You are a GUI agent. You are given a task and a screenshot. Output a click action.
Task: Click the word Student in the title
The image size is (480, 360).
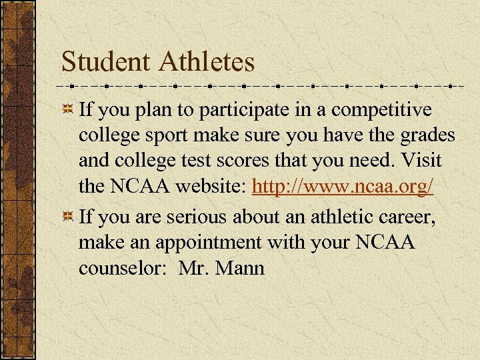pos(107,63)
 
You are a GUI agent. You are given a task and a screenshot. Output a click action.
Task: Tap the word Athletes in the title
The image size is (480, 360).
pos(207,63)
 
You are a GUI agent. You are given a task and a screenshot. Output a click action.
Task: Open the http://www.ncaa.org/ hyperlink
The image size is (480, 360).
pos(343,187)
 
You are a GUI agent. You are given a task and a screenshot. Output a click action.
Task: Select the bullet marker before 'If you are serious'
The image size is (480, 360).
pos(67,218)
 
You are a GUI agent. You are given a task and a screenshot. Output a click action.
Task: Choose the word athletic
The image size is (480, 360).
pos(316,217)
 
